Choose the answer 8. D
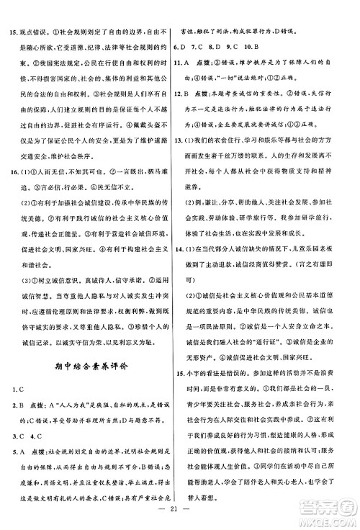(235, 47)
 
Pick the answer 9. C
(257, 47)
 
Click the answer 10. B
(282, 47)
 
